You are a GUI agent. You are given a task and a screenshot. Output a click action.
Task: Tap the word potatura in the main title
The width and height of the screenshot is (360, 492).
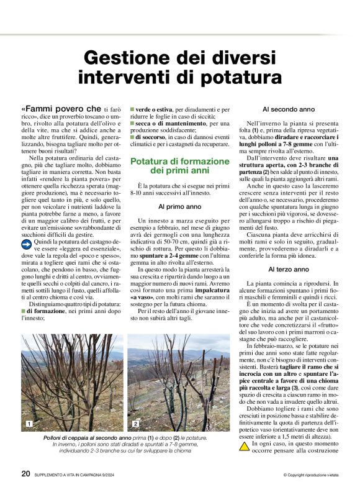point(230,78)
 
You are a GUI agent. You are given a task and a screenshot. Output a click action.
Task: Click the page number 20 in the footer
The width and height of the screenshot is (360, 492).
point(25,473)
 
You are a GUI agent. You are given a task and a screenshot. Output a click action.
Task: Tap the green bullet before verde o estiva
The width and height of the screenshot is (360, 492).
point(132,109)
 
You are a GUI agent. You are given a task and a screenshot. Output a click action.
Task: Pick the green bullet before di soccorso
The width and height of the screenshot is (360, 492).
point(132,136)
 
